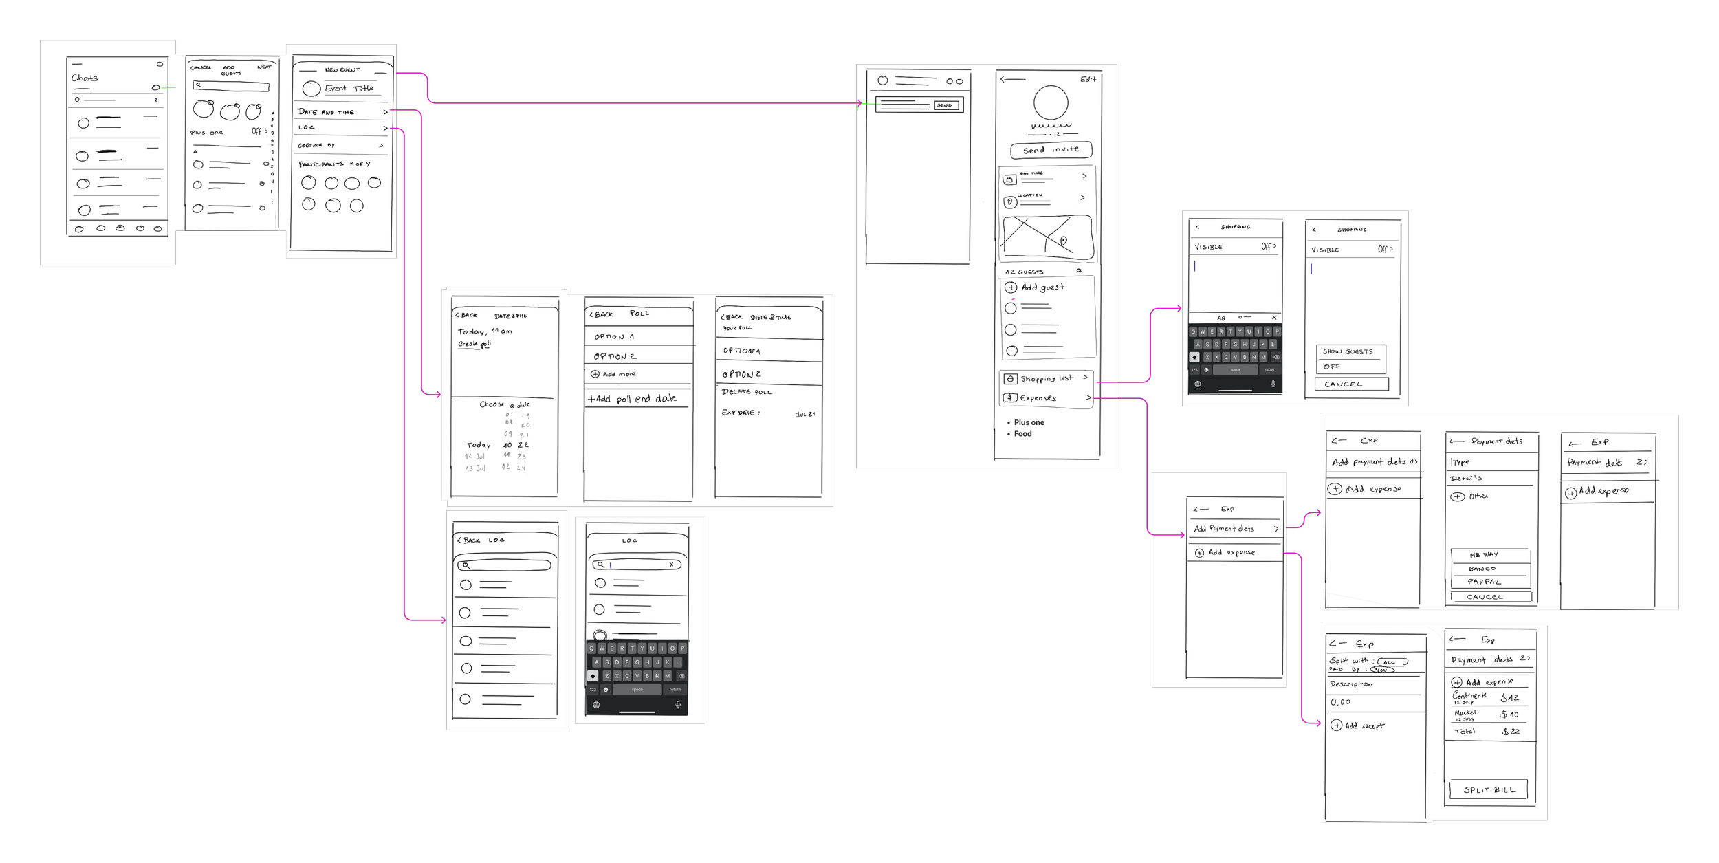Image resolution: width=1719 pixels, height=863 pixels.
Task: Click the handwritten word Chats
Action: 85,78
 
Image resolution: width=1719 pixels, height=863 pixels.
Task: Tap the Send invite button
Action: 1051,150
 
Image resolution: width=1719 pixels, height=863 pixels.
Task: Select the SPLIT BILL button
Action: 1489,790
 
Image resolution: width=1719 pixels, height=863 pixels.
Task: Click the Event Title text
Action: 349,88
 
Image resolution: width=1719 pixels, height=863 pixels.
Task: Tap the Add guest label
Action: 1042,287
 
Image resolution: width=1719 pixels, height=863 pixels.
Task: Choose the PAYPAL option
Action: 1485,582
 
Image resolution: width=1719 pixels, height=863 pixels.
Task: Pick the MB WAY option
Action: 1484,555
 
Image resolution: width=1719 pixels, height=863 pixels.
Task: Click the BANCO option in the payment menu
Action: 1482,569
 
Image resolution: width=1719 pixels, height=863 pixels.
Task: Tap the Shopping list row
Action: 1046,378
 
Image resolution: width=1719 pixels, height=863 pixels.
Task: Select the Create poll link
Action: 474,344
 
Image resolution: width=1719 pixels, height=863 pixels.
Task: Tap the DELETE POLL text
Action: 747,392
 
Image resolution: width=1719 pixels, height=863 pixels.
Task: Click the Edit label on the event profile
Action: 1088,80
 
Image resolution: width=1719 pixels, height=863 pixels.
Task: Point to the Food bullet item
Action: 1022,434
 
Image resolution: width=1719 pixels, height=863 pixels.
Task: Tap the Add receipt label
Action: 1364,725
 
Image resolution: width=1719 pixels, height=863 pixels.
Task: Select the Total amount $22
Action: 1510,732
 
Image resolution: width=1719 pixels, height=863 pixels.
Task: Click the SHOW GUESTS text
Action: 1347,351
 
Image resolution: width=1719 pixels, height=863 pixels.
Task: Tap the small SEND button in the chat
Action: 944,105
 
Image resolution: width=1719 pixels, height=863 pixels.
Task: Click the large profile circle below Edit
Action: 1051,105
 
